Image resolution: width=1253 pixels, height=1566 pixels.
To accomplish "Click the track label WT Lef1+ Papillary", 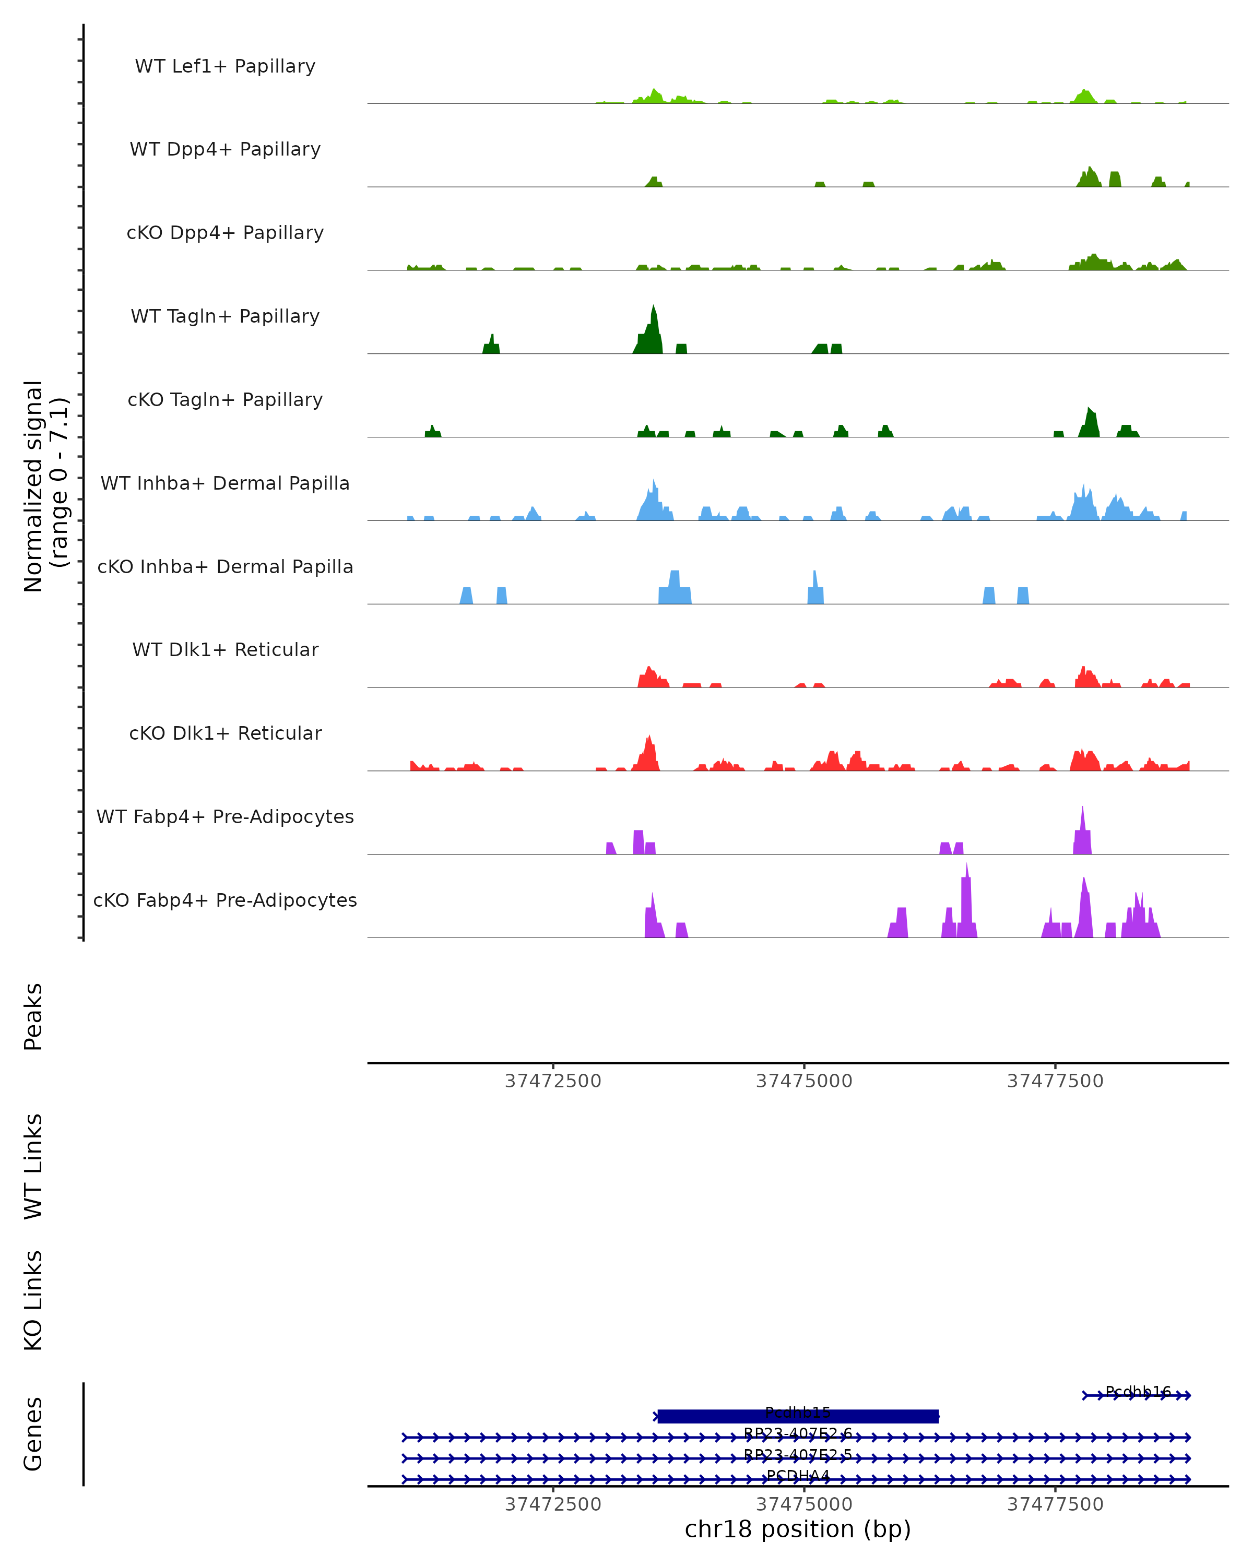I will [x=225, y=66].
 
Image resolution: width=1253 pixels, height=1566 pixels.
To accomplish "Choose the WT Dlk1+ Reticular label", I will [x=225, y=649].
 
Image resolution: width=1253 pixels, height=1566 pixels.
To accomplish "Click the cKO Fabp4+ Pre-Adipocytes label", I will [x=225, y=900].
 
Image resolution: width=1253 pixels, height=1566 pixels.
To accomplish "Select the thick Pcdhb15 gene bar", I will [x=798, y=1416].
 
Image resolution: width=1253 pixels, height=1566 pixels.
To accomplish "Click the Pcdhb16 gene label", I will [x=1138, y=1392].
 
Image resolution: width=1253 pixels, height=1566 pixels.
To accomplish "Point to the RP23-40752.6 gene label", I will [x=798, y=1434].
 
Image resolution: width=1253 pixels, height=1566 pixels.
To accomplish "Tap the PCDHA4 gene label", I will [x=798, y=1475].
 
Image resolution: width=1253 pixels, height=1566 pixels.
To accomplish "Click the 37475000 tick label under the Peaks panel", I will [x=804, y=1081].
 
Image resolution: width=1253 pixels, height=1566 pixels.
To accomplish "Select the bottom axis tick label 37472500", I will [x=553, y=1504].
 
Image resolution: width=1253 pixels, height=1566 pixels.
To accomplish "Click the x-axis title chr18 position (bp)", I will [x=798, y=1529].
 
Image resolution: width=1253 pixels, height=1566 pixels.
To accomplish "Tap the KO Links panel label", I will [x=33, y=1300].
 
